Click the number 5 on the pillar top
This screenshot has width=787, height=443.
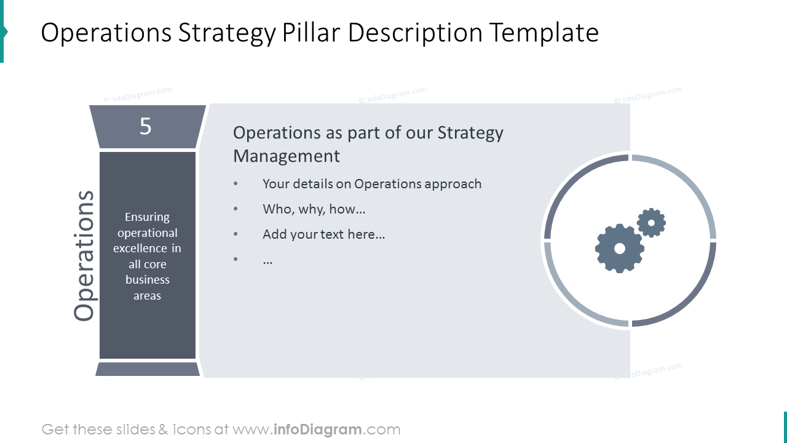pos(145,126)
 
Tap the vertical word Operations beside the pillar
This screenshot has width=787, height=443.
pos(84,255)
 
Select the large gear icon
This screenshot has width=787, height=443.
pos(619,248)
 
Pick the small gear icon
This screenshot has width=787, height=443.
pos(651,222)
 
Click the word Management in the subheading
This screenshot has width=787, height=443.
pos(286,156)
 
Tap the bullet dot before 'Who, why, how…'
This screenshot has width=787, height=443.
pos(235,209)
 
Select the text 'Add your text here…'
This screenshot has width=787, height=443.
pos(323,234)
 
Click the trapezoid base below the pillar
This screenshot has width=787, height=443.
pos(148,369)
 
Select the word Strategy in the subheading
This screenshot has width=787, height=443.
pos(470,133)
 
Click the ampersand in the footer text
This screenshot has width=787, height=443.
pos(163,429)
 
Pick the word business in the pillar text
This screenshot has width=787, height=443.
pos(148,280)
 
